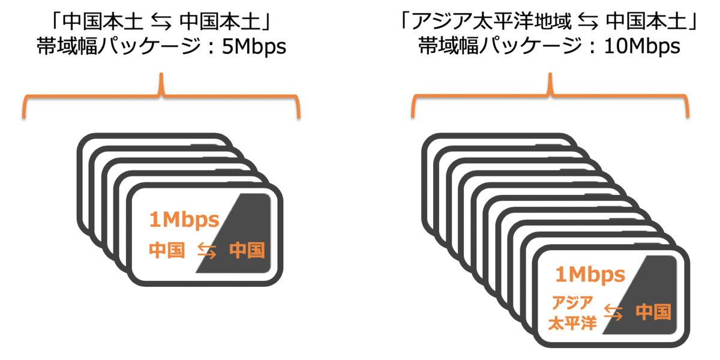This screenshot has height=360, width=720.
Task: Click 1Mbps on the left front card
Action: (x=184, y=220)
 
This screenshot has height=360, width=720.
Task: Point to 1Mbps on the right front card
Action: (x=591, y=275)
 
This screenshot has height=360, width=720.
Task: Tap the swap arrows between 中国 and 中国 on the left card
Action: (x=206, y=250)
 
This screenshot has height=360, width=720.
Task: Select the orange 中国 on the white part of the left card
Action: (x=167, y=250)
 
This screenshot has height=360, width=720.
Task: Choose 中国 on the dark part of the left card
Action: (x=247, y=250)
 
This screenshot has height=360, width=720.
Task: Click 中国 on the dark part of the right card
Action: (x=653, y=311)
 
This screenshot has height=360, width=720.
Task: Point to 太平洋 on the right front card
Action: (x=572, y=323)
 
